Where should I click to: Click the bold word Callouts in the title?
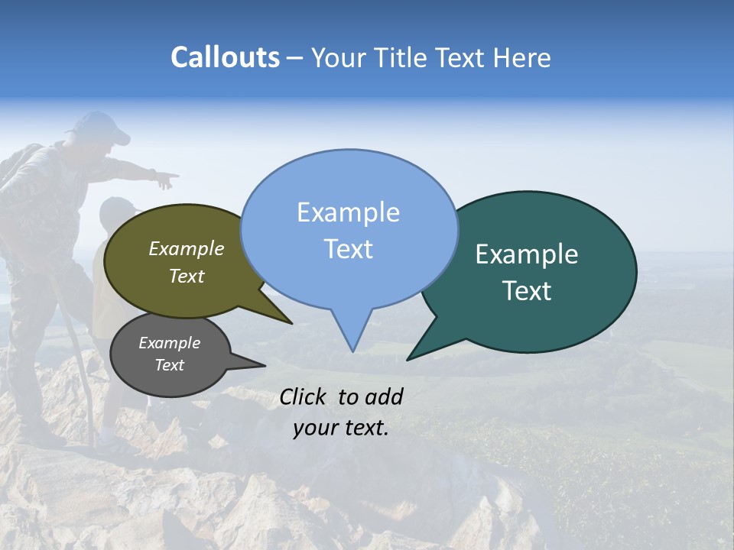coord(225,57)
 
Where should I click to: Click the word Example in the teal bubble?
coord(527,254)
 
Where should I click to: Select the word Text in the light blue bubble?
coord(349,249)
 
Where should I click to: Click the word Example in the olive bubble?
coord(187,249)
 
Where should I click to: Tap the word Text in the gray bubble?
coord(170,365)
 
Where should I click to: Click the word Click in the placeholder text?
coord(304,396)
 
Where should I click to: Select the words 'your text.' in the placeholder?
coord(341,429)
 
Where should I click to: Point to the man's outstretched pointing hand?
coord(165,180)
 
